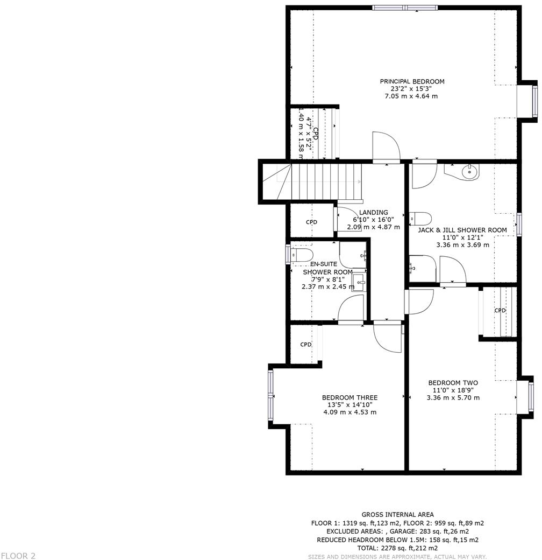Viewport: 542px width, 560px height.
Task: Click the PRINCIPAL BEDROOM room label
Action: click(x=412, y=82)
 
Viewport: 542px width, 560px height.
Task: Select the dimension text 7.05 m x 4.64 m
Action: click(x=412, y=96)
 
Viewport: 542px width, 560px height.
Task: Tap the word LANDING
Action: click(x=374, y=213)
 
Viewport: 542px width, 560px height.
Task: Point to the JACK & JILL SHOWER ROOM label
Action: click(x=462, y=230)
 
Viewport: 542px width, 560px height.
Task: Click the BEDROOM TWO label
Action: click(x=453, y=383)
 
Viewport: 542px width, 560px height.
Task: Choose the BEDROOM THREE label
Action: click(x=350, y=398)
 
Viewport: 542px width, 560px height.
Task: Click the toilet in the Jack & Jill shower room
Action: click(x=421, y=218)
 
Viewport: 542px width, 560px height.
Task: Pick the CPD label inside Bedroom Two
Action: click(x=500, y=311)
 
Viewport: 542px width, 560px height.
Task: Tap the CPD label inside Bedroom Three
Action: click(x=306, y=345)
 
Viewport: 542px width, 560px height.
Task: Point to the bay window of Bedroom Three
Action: click(x=271, y=396)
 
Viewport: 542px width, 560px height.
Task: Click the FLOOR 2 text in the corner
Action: click(x=18, y=556)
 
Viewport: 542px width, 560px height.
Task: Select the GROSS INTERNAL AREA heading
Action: click(x=397, y=515)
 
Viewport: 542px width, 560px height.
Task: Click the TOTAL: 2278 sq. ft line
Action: click(x=397, y=548)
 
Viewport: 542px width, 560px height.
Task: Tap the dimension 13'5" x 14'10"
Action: click(x=350, y=405)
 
